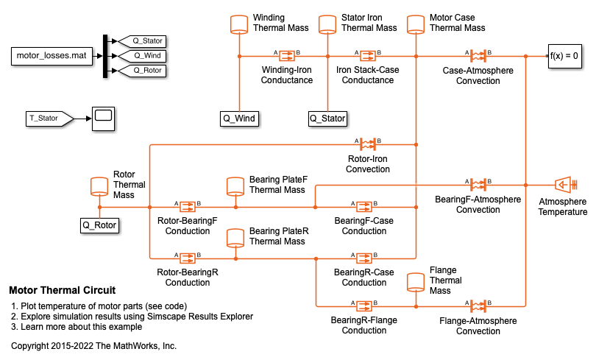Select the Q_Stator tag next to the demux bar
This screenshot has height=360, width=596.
click(143, 40)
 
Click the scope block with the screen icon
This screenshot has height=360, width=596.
click(102, 118)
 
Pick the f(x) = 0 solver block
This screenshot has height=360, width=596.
click(564, 56)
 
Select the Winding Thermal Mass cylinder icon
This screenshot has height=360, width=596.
click(239, 24)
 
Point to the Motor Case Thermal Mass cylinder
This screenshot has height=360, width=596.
click(416, 24)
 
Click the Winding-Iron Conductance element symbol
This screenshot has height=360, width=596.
click(286, 56)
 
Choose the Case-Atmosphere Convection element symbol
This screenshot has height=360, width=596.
click(478, 56)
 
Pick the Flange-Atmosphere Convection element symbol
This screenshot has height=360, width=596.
click(478, 305)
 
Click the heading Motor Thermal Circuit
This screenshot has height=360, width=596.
click(62, 290)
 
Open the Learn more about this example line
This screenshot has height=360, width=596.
click(76, 327)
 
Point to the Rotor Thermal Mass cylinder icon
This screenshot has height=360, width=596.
click(99, 185)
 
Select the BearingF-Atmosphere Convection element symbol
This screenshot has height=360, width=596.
click(478, 184)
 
